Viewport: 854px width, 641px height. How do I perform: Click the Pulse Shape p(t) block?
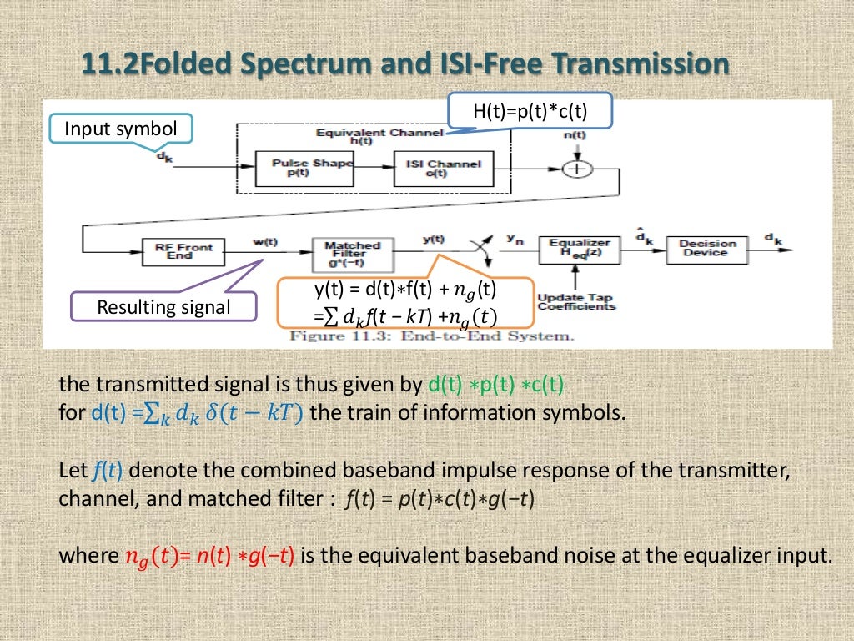pos(299,168)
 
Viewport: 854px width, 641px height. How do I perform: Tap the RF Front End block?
pos(184,250)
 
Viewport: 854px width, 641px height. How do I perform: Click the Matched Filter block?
pos(351,250)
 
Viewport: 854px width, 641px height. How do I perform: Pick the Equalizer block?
pos(580,248)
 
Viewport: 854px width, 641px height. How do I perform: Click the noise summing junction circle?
pos(574,169)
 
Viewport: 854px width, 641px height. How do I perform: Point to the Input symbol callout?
pos(121,129)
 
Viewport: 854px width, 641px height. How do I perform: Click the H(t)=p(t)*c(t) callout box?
pos(531,111)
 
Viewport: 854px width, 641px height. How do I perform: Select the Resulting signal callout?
pos(163,307)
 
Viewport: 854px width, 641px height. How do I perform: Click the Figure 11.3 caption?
pos(430,336)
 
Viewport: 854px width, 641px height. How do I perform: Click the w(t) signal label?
pos(264,241)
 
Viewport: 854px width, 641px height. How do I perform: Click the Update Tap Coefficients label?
pos(576,301)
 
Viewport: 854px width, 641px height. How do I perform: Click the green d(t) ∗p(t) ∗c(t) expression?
pos(495,386)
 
